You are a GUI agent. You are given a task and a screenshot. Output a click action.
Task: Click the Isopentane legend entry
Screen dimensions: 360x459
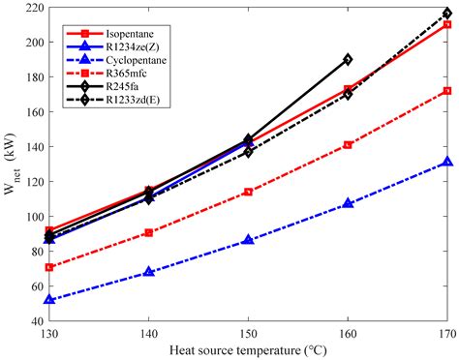[133, 33]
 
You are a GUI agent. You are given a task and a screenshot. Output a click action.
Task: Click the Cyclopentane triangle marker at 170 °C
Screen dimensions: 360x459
[447, 163]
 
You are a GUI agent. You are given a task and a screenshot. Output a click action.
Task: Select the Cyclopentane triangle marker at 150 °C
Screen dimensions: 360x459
[249, 240]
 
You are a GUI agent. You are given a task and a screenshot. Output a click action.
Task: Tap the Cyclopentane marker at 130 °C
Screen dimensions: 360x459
[50, 300]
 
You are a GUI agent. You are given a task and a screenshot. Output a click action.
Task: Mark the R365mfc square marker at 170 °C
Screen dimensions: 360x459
[447, 91]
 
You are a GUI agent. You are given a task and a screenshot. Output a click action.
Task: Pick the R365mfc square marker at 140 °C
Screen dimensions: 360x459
[149, 232]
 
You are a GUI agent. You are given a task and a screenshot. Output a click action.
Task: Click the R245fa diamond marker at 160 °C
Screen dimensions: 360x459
[349, 59]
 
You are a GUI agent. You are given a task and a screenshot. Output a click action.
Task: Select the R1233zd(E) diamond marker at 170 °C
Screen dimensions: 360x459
[447, 14]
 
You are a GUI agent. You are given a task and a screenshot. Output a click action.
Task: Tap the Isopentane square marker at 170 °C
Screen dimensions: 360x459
[447, 24]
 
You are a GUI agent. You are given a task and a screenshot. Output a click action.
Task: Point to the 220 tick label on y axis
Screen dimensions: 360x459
[31, 8]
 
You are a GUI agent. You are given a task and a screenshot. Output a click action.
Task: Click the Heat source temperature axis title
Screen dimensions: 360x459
[250, 349]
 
